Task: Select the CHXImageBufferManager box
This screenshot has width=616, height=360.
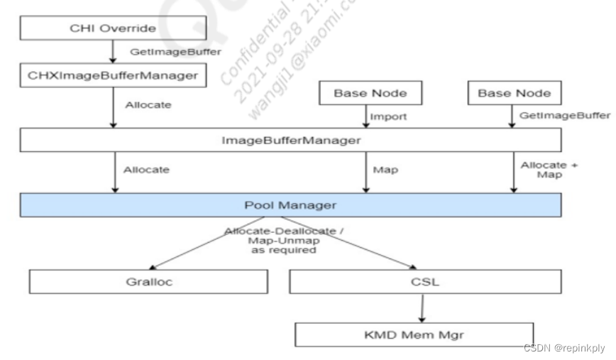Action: tap(113, 76)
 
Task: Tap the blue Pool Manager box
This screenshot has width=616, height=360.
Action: tap(291, 205)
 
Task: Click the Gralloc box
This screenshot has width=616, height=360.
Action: tap(150, 281)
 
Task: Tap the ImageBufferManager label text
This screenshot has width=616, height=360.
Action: tap(291, 141)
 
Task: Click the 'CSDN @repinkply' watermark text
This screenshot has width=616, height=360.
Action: tap(563, 348)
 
